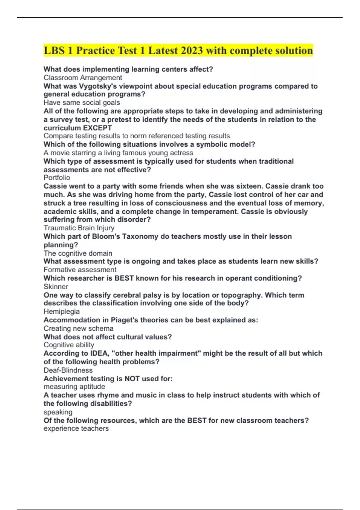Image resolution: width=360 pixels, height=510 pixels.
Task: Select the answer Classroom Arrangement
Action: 82,78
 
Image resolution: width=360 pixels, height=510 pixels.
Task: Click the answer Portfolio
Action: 57,178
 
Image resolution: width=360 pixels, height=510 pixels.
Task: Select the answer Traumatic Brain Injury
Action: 79,228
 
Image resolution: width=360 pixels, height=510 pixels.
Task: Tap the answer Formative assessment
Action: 80,270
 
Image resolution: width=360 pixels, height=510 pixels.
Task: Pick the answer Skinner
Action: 56,286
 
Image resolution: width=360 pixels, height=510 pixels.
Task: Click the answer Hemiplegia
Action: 61,311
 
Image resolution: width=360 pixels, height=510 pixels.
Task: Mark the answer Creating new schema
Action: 78,328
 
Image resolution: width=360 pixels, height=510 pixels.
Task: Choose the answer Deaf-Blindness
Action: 68,370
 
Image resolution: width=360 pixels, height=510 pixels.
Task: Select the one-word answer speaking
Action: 58,412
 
